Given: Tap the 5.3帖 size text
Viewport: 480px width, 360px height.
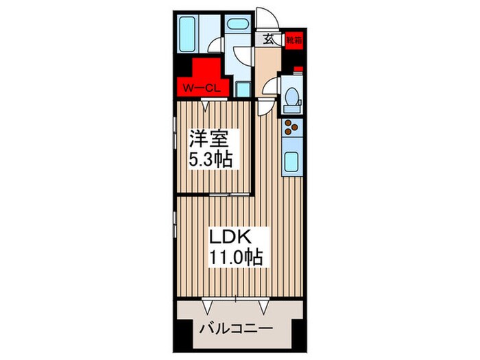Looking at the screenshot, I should (x=211, y=160).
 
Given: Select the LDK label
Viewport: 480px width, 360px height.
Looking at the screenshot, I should (x=235, y=237).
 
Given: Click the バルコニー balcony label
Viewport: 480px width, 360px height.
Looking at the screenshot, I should (x=235, y=328).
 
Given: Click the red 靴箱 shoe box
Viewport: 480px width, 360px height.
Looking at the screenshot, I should (x=293, y=39).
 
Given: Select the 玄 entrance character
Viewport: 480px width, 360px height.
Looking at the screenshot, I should (x=267, y=40).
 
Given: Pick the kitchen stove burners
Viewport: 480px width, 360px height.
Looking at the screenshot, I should (x=291, y=128).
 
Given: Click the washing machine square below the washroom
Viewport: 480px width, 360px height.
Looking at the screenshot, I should (x=243, y=88).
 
